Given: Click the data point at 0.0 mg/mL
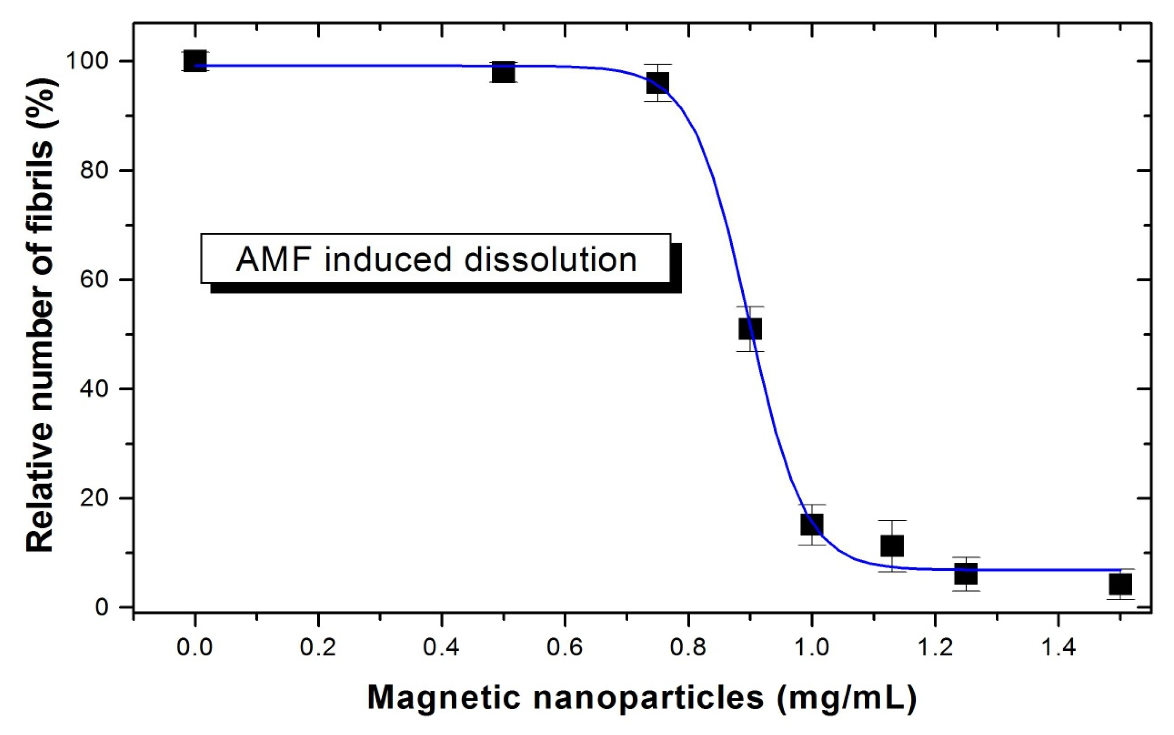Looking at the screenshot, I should click(195, 61).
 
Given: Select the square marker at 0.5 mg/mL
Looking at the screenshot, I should click(503, 72).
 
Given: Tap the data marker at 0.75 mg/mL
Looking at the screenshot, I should click(657, 83).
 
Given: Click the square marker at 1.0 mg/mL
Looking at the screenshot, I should click(812, 524).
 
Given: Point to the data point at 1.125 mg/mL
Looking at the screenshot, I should click(893, 545).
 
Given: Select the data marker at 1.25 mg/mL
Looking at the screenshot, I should click(966, 574).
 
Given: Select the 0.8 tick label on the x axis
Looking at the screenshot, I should click(688, 648).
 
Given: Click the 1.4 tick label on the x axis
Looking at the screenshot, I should click(1058, 648).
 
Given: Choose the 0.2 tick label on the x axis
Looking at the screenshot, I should click(318, 648).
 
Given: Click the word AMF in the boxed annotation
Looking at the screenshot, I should click(273, 259).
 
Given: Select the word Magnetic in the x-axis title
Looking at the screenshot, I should click(444, 698).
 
